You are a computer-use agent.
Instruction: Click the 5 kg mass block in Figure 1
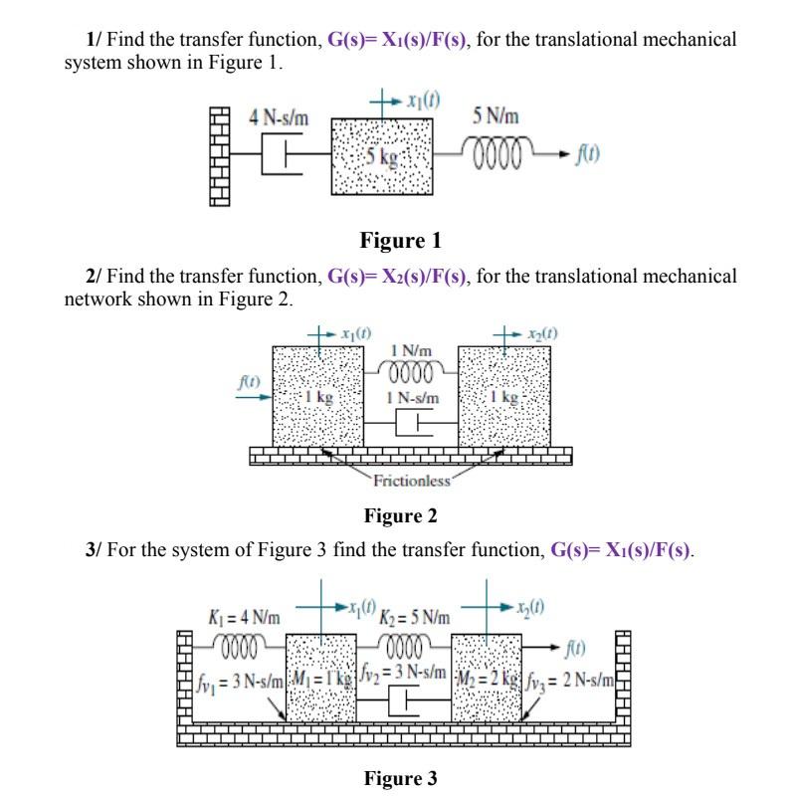[382, 156]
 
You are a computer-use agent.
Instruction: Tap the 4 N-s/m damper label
[279, 118]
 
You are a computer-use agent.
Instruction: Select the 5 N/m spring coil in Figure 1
[494, 156]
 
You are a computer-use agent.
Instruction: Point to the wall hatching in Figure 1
[220, 156]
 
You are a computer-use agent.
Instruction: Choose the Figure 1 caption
[399, 241]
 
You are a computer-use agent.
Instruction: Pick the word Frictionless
[412, 483]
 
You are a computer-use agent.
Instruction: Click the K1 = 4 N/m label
[243, 617]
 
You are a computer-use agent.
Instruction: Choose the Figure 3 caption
[400, 778]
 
